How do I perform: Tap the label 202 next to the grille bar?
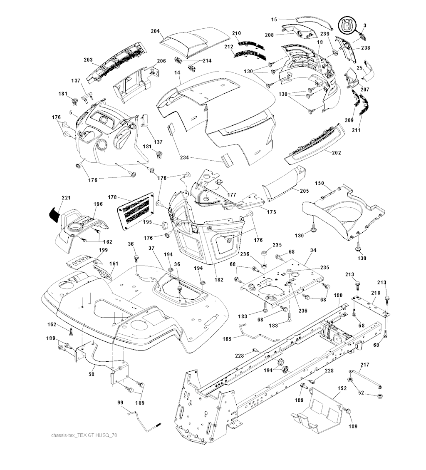coord(337,153)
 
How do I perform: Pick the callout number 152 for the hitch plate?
coord(342,388)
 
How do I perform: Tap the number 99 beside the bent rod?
coord(120,402)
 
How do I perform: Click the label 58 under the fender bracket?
coord(92,374)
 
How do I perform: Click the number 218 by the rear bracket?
coord(376,294)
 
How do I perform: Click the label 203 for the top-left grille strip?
coord(88,60)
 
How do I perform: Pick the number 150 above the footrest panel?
coord(319,183)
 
